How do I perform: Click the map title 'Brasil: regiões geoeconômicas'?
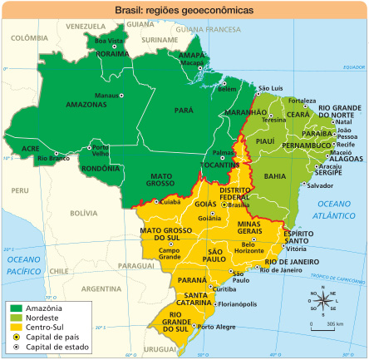tap(184, 10)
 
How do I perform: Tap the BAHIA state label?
tap(274, 176)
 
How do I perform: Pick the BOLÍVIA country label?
tap(83, 214)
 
